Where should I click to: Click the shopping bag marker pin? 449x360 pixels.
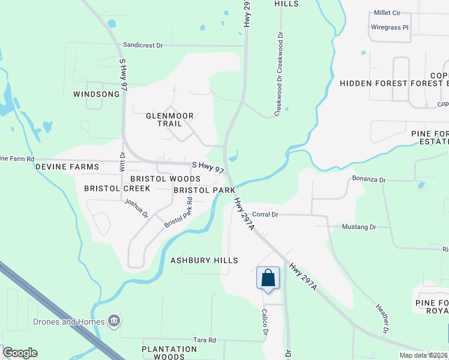[x=268, y=278]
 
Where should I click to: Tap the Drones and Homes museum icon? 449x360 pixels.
[x=113, y=322]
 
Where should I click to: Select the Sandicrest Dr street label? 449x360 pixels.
[x=143, y=45]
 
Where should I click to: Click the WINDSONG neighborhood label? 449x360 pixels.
[x=96, y=94]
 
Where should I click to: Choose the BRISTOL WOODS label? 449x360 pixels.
[x=165, y=179]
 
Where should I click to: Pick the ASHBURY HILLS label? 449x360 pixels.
[x=204, y=260]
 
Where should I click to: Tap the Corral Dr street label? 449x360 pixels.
[x=265, y=214]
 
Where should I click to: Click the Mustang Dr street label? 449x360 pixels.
[x=358, y=227]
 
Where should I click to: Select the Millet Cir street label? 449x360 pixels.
[x=387, y=13]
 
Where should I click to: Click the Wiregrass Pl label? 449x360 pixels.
[x=389, y=28]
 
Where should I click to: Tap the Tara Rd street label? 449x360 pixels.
[x=204, y=340]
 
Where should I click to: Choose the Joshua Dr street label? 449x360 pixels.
[x=136, y=209]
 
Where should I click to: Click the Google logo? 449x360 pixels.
[x=20, y=353]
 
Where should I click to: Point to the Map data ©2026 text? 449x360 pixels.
[x=423, y=355]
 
